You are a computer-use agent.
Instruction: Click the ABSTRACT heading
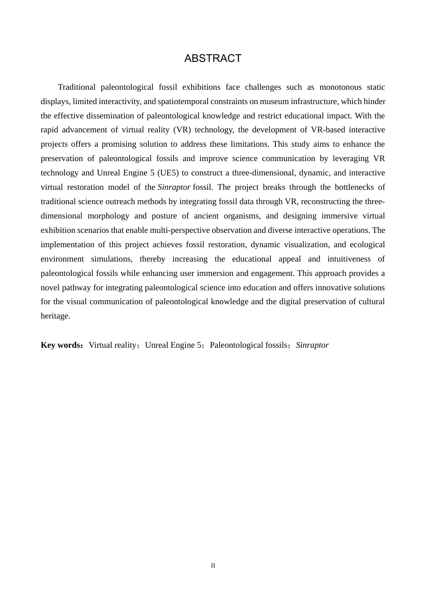213,58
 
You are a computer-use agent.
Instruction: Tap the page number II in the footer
213,566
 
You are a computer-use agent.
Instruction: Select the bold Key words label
61,345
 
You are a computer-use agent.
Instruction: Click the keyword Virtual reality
113,345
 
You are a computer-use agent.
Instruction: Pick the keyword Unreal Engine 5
173,345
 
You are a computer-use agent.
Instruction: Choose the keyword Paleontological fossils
248,345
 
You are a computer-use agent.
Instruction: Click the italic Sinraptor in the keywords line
312,345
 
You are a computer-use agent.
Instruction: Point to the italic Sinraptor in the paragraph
174,187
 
